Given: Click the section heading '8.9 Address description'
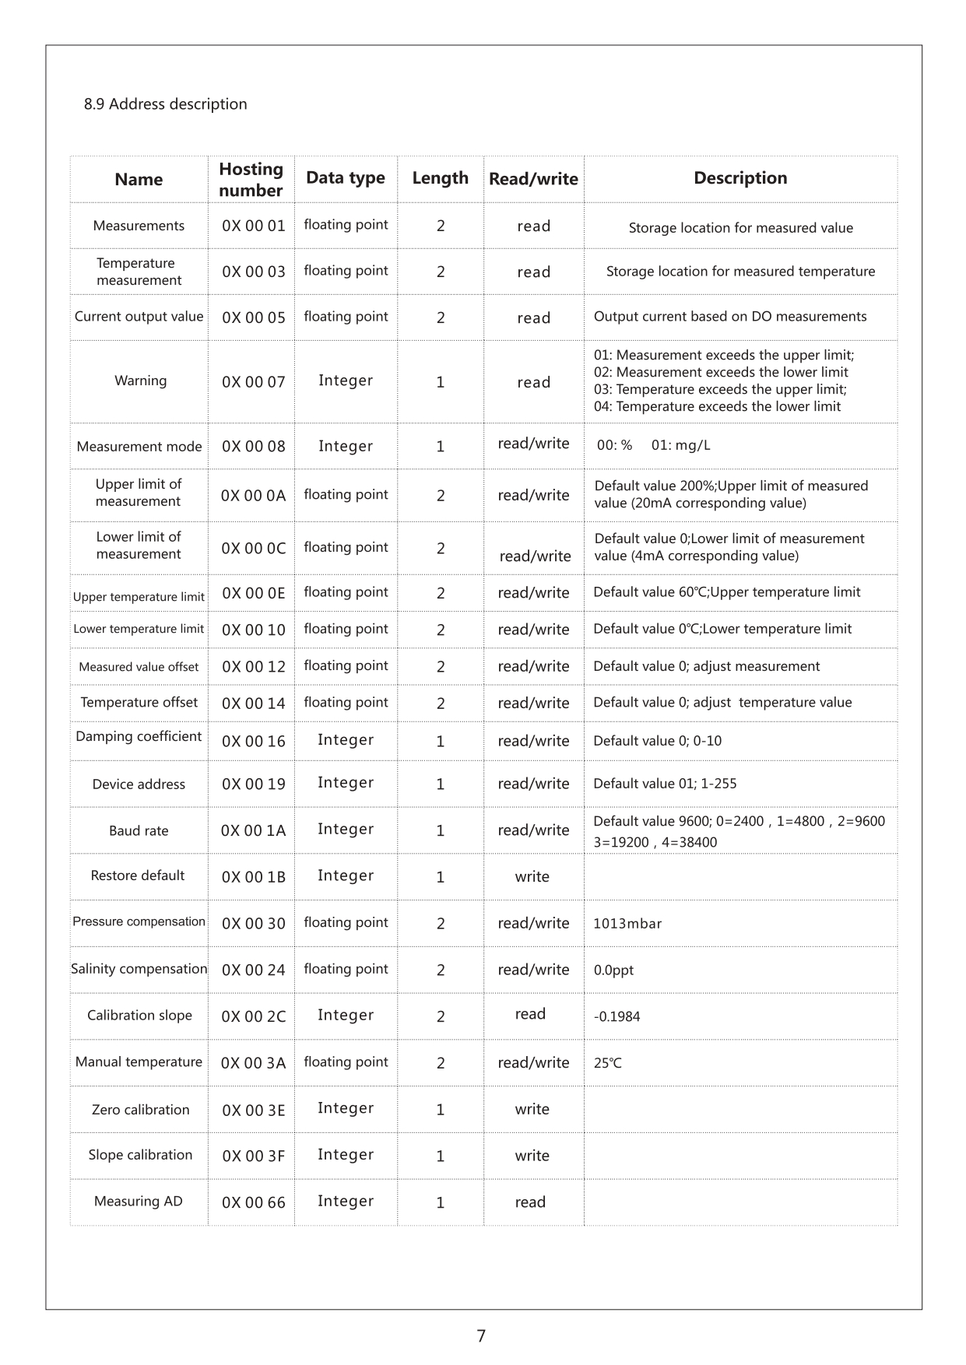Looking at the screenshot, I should (165, 104).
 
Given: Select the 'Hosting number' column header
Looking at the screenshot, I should (251, 180).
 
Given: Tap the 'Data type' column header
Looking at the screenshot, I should (346, 178).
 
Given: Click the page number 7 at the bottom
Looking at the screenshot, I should (481, 1336).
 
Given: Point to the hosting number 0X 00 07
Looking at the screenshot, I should (254, 382).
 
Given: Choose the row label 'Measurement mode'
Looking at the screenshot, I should (139, 447).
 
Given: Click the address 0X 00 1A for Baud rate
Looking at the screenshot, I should (253, 831).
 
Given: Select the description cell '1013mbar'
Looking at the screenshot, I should (627, 924).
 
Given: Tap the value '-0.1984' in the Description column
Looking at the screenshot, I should (616, 1016).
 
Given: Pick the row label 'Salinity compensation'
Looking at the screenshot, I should (139, 969).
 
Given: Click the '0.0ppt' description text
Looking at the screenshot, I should (613, 970).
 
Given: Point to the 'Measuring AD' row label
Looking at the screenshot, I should (139, 1202).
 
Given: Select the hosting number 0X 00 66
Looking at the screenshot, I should (254, 1203).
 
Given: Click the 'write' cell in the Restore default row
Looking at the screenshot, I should (532, 877).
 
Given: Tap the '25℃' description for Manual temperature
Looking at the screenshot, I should (608, 1063).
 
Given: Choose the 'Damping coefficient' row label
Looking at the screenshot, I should (139, 737).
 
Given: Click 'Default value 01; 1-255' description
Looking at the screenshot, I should (665, 784).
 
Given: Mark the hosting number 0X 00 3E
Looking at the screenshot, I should (254, 1111).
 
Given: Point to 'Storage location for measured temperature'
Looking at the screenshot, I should (740, 272).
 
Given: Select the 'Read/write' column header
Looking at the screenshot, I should (533, 180).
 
